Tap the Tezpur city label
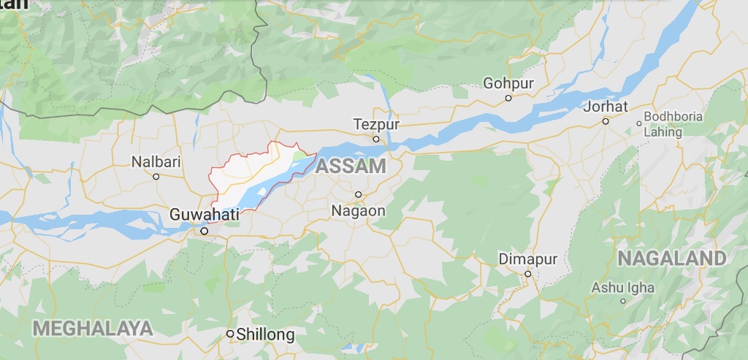376,124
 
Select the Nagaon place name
358,210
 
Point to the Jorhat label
606,107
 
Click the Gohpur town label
508,83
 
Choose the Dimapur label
527,259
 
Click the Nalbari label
156,162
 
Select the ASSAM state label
351,166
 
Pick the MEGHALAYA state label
92,328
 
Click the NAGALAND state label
672,258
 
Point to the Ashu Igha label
623,287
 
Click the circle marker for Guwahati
205,231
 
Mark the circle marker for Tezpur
376,139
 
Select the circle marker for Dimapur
527,274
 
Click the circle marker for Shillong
230,334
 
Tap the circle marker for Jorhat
606,121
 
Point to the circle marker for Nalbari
156,177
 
